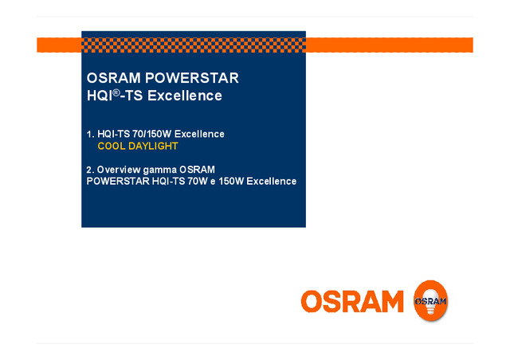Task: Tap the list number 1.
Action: click(x=89, y=134)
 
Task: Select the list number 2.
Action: click(x=89, y=169)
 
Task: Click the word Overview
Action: click(x=119, y=169)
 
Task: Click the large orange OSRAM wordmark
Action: click(x=352, y=301)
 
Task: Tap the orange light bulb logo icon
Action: click(x=430, y=301)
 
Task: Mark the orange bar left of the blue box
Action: click(x=59, y=45)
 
